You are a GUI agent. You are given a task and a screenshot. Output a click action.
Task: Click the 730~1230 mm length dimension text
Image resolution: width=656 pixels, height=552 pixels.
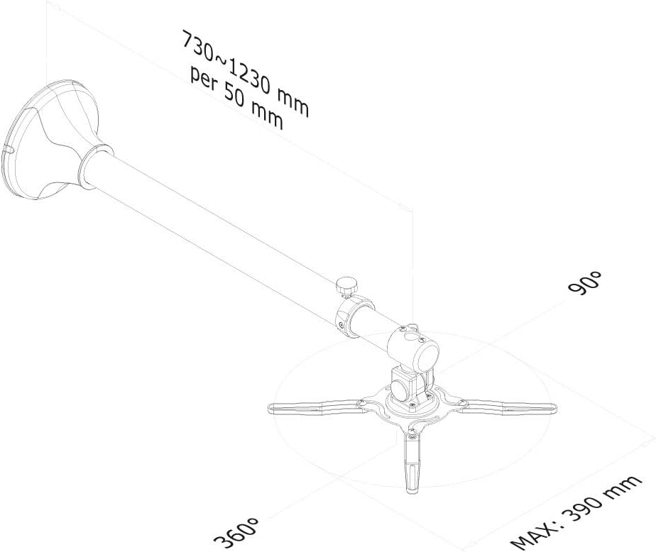click(x=246, y=74)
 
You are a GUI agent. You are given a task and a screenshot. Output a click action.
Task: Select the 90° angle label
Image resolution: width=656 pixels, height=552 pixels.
click(x=585, y=284)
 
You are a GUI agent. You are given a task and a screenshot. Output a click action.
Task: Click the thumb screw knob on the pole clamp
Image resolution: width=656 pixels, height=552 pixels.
click(x=346, y=287)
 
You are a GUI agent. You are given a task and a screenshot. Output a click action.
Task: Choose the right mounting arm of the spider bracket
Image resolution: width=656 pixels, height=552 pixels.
click(x=507, y=406)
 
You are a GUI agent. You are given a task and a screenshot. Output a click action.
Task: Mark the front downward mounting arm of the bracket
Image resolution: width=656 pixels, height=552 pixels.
click(x=412, y=463)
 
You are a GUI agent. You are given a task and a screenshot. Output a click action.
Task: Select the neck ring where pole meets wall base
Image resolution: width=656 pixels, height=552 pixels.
click(x=95, y=163)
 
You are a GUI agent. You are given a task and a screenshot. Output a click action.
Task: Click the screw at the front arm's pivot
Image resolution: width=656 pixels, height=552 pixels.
click(x=412, y=436)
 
